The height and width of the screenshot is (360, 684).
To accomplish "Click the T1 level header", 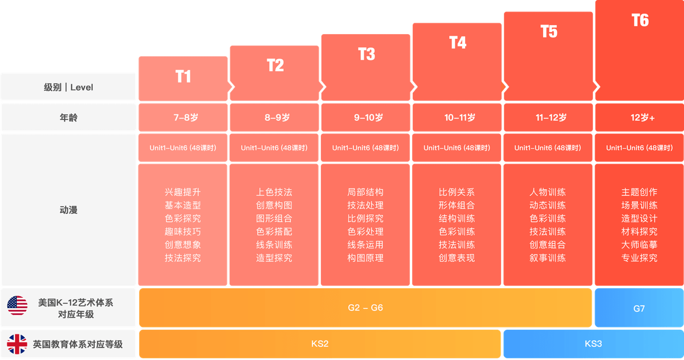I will [x=183, y=77].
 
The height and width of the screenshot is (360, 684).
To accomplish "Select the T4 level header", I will [x=457, y=43].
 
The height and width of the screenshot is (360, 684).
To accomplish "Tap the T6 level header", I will [x=640, y=21].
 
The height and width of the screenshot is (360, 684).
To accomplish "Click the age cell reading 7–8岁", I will [x=183, y=118].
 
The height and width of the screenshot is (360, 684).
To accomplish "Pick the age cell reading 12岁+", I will [x=639, y=118].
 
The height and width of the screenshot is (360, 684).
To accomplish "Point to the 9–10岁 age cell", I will [x=365, y=118].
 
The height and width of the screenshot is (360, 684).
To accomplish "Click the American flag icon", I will [x=17, y=306].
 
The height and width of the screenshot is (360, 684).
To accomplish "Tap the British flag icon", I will [x=17, y=344].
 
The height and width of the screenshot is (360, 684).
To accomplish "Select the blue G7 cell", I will [x=639, y=308].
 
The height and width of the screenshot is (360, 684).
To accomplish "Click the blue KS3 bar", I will [x=593, y=344].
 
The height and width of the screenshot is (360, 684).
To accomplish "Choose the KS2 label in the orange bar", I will [x=320, y=344].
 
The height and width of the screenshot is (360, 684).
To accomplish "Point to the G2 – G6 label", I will [x=365, y=308].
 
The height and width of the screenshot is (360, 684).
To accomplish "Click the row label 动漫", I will [x=68, y=210].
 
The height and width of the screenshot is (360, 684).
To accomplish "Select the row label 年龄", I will [x=68, y=118].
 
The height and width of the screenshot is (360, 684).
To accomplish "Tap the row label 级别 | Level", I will [x=68, y=87].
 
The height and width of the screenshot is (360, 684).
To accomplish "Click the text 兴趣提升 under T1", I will [x=183, y=193].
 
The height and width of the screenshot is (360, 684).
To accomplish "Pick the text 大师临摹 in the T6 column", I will [x=639, y=245].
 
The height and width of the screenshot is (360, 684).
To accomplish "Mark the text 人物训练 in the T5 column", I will [x=548, y=193].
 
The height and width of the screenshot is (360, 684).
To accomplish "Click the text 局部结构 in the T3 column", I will [x=365, y=193].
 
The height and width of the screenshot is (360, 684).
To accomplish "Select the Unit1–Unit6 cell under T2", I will [x=274, y=148].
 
